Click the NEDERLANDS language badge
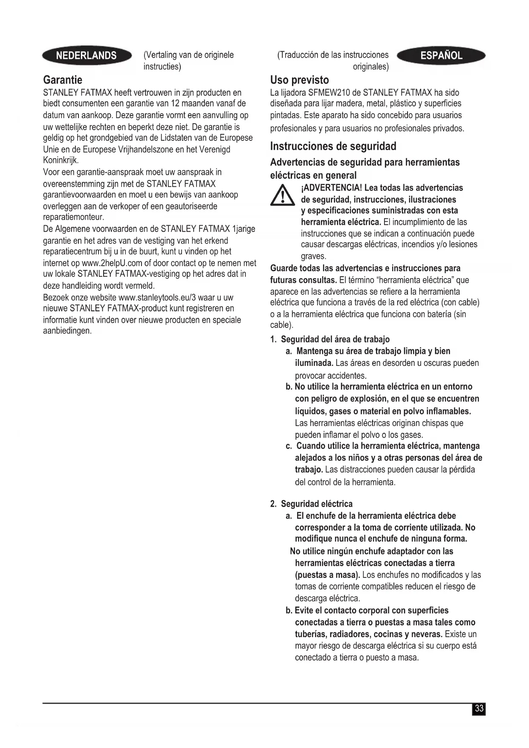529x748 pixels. (87, 55)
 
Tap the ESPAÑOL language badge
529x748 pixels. (441, 55)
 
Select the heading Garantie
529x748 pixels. (63, 80)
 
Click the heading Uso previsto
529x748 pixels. (299, 80)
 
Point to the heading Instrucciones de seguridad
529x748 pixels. (333, 146)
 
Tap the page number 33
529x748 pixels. (479, 708)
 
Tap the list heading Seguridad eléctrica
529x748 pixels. (316, 504)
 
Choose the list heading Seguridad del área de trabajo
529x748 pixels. (335, 339)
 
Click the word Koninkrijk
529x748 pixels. (61, 161)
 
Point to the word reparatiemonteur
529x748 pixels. (73, 217)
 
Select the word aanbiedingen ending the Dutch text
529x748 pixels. (67, 331)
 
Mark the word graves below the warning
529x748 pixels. (313, 256)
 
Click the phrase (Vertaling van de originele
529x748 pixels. (188, 55)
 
